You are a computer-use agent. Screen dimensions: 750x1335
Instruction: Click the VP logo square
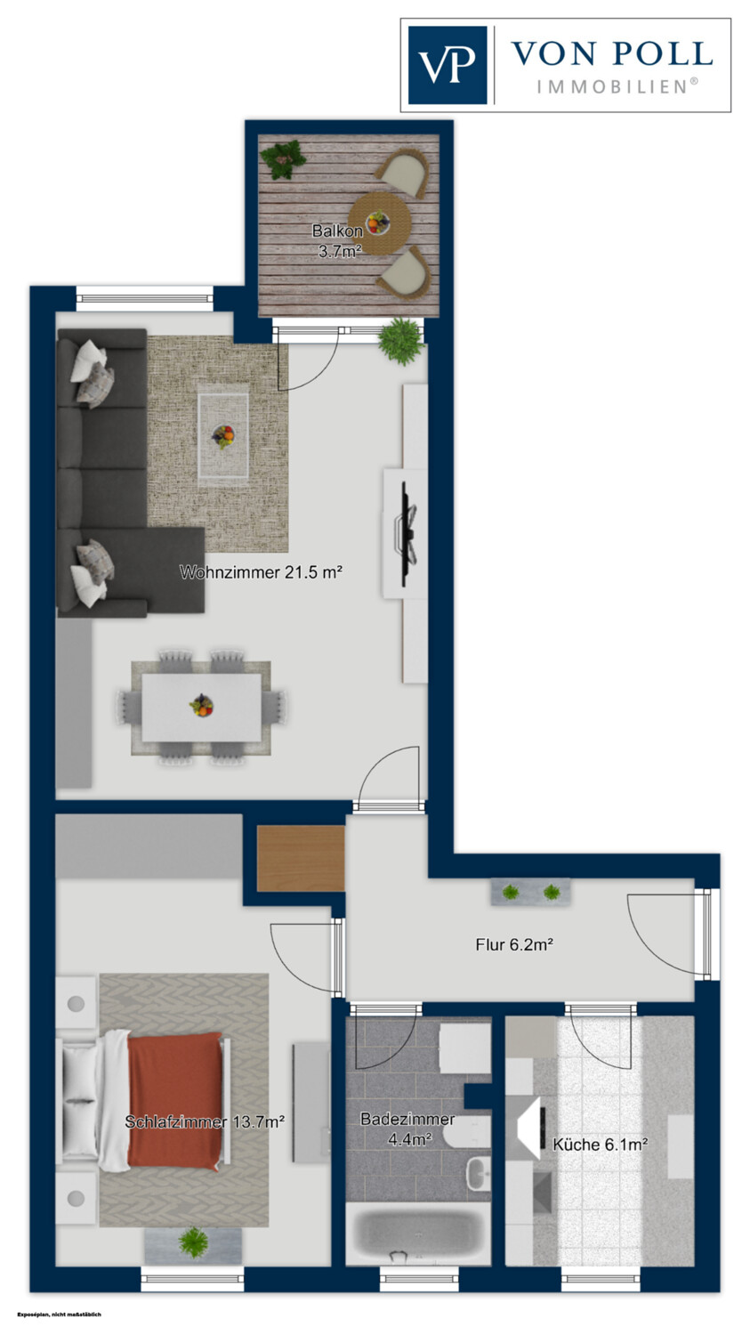tap(448, 65)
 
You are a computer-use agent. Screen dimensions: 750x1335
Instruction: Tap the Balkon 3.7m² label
tap(338, 241)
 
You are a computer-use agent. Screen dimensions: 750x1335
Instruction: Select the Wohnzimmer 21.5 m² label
tap(261, 572)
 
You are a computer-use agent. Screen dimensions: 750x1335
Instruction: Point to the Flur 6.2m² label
tap(515, 944)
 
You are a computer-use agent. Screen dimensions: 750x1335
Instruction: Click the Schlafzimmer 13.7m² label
tap(205, 1121)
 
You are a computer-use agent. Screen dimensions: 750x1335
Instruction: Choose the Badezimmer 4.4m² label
tap(407, 1129)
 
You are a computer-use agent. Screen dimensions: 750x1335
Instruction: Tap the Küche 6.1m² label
tap(600, 1145)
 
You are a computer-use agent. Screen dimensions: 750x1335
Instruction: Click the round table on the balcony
tap(380, 223)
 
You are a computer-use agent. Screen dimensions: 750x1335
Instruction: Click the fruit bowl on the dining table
tap(201, 706)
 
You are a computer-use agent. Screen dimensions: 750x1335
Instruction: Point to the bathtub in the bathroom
tap(418, 1236)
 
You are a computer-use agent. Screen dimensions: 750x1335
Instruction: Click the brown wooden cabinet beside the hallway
tap(301, 858)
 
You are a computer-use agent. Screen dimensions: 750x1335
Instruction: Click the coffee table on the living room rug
tap(223, 436)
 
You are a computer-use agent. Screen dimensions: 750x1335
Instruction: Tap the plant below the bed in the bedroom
tap(193, 1242)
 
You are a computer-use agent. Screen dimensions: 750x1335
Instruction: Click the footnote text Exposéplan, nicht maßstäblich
tap(59, 1315)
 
